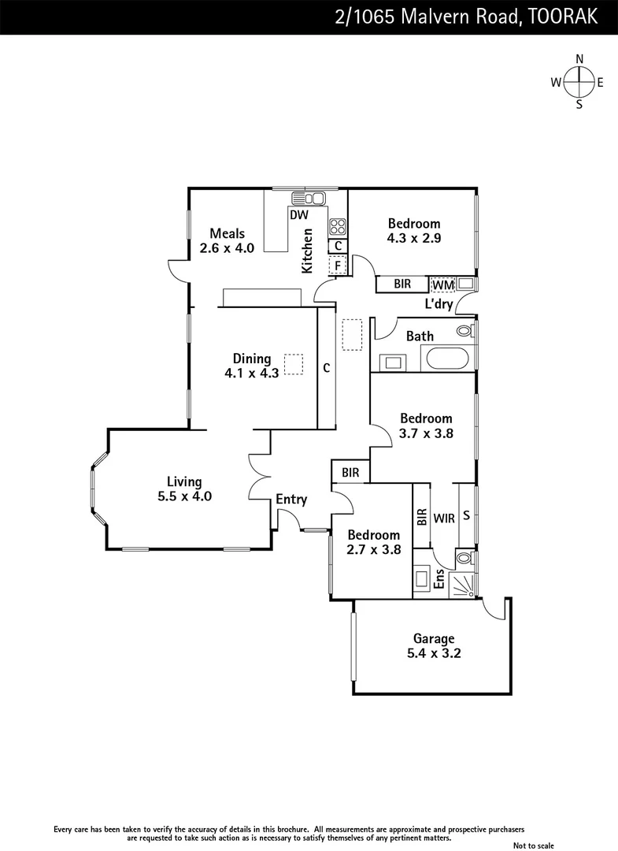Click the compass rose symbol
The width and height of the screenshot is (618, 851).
coord(579,81)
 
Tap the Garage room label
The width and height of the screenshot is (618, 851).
coord(434,646)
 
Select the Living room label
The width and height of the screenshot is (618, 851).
coord(184,489)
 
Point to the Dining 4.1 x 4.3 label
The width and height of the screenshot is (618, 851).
coord(251,366)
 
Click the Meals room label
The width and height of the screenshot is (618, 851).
coord(227,240)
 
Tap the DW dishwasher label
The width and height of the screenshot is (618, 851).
coord(298,214)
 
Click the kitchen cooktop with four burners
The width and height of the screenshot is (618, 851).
coord(338,226)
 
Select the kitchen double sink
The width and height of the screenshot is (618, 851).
coord(308,198)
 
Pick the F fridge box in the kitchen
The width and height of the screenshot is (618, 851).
coord(338,266)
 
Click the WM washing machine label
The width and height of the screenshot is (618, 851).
coord(442,284)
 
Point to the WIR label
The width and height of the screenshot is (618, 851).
coord(444,519)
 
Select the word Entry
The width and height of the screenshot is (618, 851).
coord(291,500)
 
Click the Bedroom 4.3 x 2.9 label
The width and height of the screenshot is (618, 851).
coord(413,230)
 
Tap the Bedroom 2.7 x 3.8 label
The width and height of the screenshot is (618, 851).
coord(374,542)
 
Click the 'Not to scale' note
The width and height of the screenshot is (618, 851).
coord(535,845)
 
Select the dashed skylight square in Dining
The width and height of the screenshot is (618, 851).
coord(294,363)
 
